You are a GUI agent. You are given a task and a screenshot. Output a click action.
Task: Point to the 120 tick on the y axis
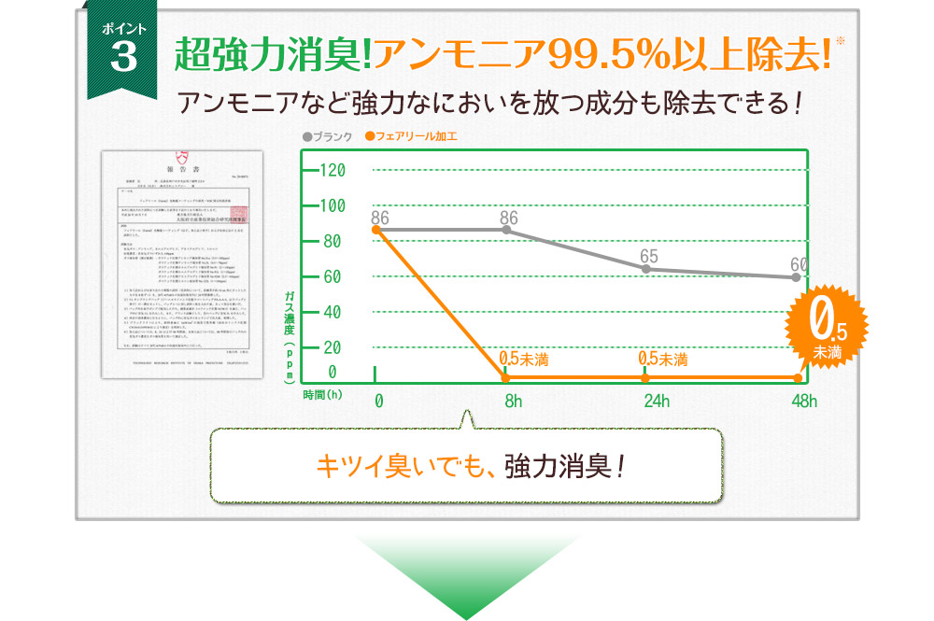click(x=332, y=170)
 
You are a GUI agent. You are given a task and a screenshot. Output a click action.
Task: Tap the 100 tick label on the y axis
click(x=332, y=205)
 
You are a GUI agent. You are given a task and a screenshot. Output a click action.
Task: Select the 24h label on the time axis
click(x=657, y=402)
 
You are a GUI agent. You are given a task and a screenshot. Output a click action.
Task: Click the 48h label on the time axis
click(x=802, y=402)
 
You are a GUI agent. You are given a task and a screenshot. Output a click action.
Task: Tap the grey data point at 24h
click(x=645, y=269)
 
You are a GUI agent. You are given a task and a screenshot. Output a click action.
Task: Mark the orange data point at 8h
click(x=505, y=377)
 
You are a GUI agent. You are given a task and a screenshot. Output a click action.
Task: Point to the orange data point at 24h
click(x=645, y=377)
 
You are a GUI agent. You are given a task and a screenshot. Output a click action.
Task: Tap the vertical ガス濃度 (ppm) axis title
click(x=290, y=337)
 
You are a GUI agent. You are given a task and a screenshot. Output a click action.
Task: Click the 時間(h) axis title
click(x=323, y=395)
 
